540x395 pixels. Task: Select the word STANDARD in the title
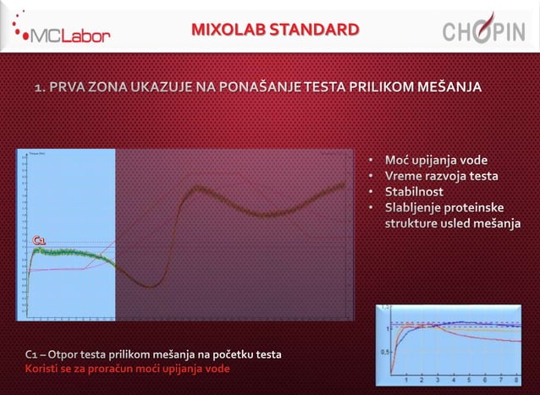(x=312, y=31)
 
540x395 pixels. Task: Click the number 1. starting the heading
(x=40, y=87)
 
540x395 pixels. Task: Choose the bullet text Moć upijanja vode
(x=437, y=161)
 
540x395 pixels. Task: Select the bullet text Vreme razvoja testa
(x=441, y=177)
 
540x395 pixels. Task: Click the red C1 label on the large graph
(x=39, y=243)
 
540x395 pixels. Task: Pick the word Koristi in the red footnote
(x=42, y=368)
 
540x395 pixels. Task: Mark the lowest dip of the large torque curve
(x=150, y=284)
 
